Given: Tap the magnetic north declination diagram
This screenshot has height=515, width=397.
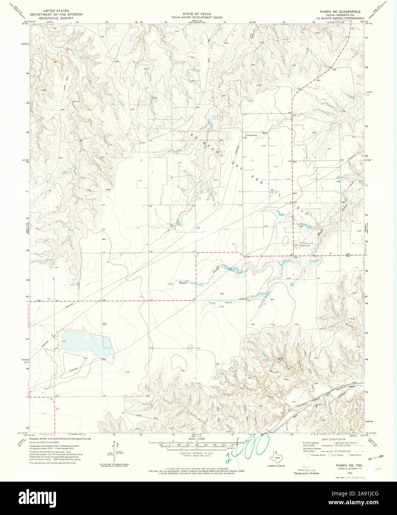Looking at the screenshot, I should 114,453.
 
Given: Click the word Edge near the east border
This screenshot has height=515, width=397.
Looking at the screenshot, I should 348,254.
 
